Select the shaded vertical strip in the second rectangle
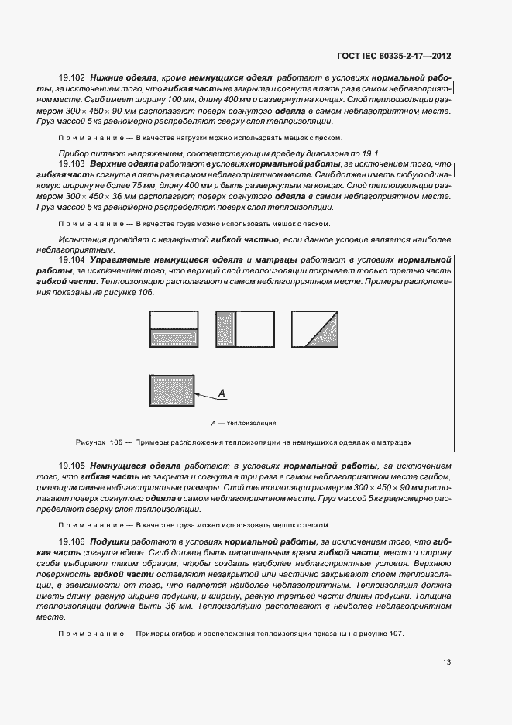tap(226, 328)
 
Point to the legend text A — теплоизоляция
tap(243, 424)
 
